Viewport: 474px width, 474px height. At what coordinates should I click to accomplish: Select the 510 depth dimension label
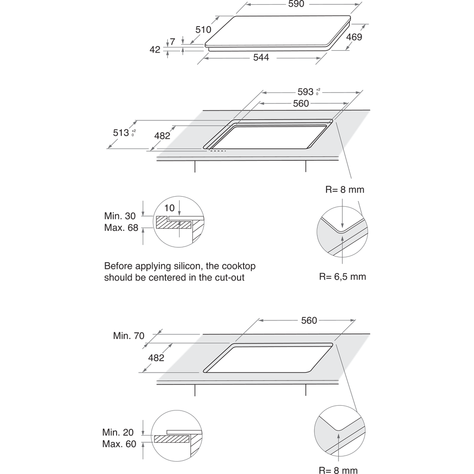click(203, 29)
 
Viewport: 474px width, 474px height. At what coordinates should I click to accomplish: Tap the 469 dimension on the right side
click(355, 37)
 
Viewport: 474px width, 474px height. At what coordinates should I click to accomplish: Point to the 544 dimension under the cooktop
click(261, 57)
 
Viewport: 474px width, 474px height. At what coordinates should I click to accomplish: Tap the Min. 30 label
click(122, 216)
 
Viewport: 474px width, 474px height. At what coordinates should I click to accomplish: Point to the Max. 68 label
click(122, 228)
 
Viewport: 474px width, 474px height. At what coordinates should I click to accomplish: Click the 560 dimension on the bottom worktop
click(309, 321)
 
